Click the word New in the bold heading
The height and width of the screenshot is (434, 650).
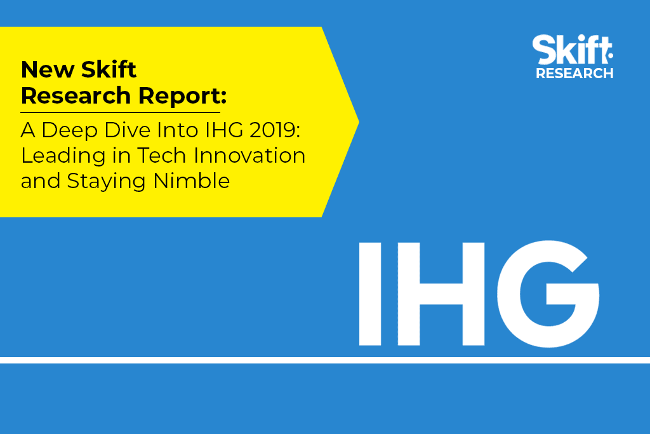(47, 69)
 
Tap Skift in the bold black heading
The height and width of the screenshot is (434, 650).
(109, 69)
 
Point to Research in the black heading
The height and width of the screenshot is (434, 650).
(76, 95)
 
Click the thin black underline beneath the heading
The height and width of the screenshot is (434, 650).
(120, 112)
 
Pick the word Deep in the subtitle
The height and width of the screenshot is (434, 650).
(70, 131)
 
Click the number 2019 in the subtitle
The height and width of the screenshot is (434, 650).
(274, 130)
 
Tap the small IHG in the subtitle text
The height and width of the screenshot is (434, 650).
(224, 130)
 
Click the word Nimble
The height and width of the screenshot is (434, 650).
(192, 180)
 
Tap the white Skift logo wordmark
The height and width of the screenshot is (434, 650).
(573, 50)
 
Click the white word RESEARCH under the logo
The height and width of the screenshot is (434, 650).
(574, 73)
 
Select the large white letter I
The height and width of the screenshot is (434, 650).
(370, 294)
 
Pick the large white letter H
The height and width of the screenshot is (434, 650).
(441, 294)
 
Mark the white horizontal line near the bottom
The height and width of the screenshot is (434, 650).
(325, 360)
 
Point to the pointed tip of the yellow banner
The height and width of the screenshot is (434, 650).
(359, 122)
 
